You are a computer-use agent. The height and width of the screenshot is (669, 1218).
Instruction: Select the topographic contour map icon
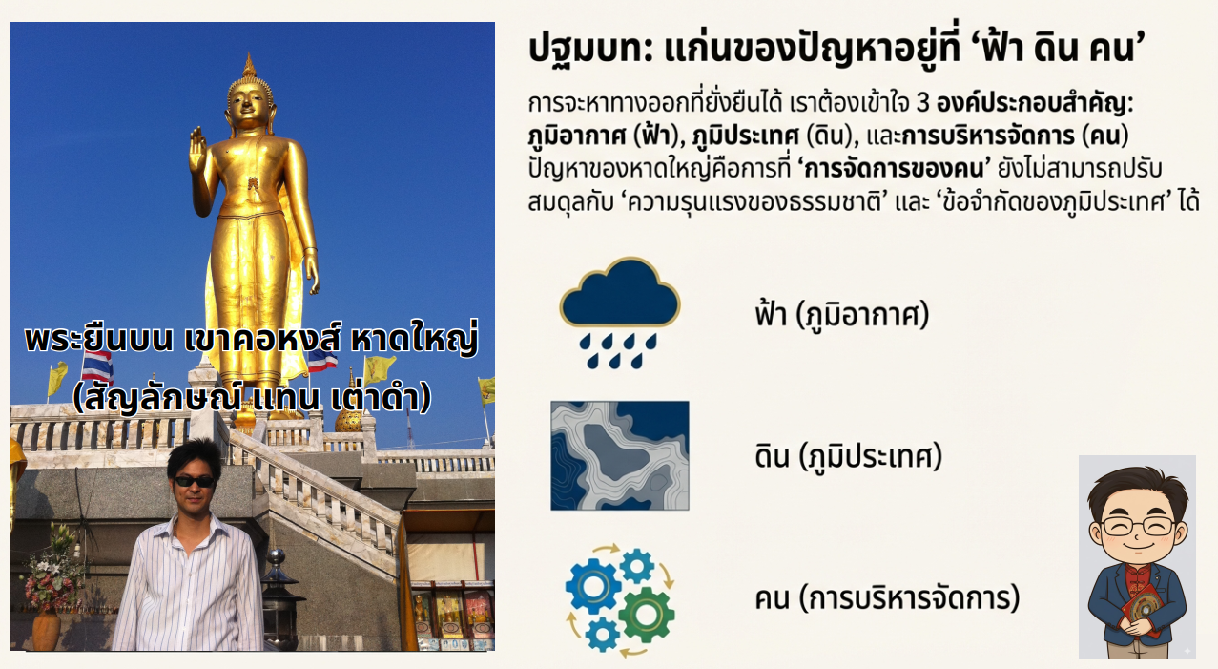tap(619, 455)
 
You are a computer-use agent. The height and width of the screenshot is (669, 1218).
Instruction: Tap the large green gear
tap(647, 614)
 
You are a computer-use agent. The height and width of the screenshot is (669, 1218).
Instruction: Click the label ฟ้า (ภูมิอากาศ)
tap(841, 314)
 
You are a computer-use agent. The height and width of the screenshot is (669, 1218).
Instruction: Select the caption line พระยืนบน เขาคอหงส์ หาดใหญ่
tap(251, 340)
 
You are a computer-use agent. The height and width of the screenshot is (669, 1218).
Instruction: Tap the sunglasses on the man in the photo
tap(195, 481)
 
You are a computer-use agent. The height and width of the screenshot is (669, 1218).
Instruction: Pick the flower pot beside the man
tap(45, 630)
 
